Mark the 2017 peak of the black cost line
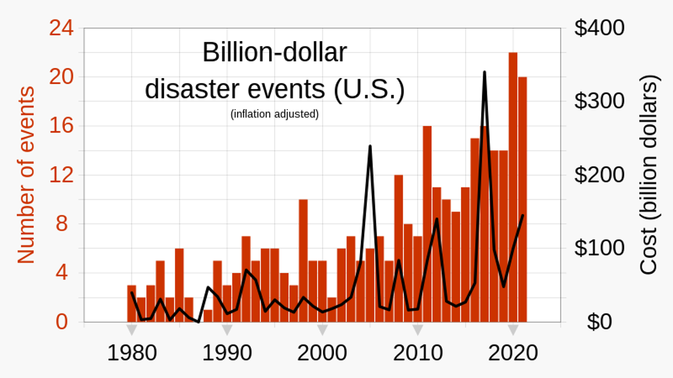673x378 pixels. (x=484, y=73)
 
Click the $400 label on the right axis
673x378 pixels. (x=599, y=28)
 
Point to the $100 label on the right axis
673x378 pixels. (x=599, y=248)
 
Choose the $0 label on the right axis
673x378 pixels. (x=599, y=322)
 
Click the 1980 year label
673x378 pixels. (x=132, y=353)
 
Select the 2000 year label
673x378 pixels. (x=322, y=353)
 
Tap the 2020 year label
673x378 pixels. (x=513, y=353)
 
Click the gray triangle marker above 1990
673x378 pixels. (x=227, y=330)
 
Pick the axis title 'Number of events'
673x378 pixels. (x=26, y=175)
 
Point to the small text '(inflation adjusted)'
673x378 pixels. (x=275, y=114)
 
